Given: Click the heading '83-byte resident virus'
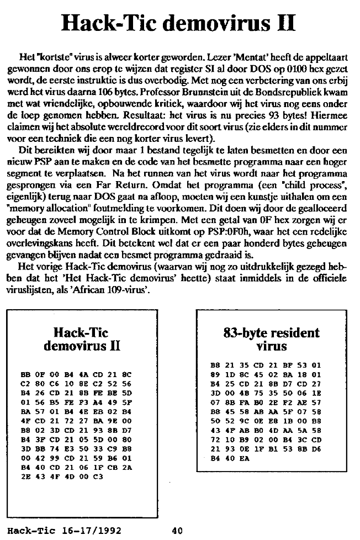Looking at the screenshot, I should pyautogui.click(x=271, y=340).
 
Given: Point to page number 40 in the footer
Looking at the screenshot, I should pyautogui.click(x=177, y=532).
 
